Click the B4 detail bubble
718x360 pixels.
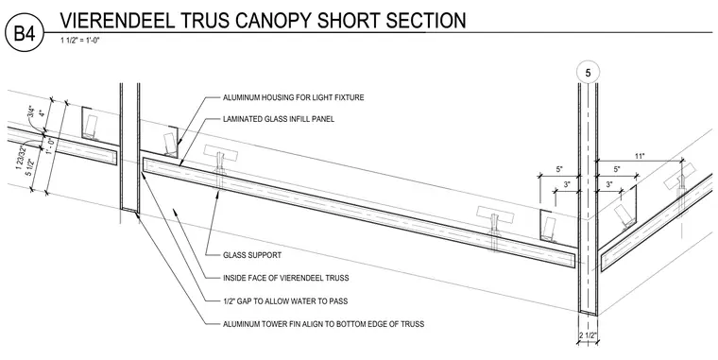coord(25,33)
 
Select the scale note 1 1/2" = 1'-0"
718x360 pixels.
coord(80,41)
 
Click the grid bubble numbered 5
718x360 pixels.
coord(588,73)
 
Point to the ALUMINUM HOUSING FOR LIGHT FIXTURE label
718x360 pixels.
coord(294,97)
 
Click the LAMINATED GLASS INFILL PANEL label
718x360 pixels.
coord(279,119)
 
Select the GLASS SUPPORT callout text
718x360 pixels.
coord(252,255)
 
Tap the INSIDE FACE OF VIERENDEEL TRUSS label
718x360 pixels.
coord(285,278)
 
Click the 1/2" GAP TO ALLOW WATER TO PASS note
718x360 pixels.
coord(284,301)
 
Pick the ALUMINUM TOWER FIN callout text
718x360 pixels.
coord(323,324)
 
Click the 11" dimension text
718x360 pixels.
coord(640,157)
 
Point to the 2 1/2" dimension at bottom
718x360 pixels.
coord(588,335)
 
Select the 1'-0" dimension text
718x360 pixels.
coord(51,147)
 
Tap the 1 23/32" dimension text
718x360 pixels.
coord(19,157)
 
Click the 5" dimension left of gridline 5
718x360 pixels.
coord(559,169)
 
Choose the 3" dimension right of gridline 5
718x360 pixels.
coord(609,185)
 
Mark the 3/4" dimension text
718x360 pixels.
coord(31,112)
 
